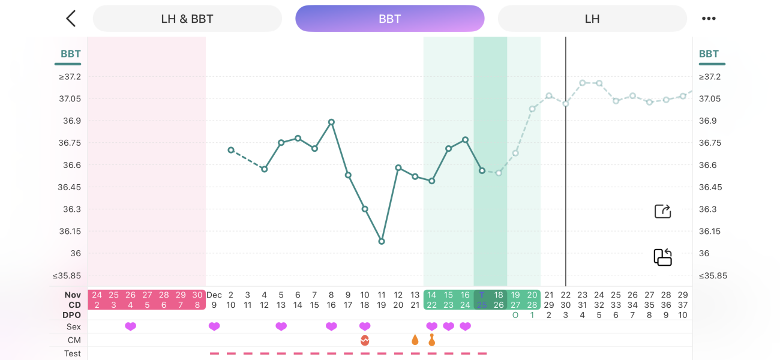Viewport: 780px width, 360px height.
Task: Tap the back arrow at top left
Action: (71, 19)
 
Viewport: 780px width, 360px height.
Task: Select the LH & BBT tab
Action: (187, 19)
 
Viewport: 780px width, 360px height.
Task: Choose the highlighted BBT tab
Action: (389, 19)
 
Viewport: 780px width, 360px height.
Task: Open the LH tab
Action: (592, 19)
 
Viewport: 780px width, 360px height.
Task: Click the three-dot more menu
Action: (709, 19)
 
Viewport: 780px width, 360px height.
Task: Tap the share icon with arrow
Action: (662, 211)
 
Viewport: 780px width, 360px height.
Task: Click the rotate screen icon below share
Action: (662, 257)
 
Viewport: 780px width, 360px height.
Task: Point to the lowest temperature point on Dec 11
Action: (382, 241)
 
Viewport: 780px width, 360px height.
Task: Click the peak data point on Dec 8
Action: (331, 122)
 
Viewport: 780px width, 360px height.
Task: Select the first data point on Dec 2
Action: (231, 150)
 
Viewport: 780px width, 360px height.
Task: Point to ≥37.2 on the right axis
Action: (709, 77)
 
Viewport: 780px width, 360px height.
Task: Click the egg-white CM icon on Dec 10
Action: (365, 340)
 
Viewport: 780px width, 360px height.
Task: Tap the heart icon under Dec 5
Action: (281, 326)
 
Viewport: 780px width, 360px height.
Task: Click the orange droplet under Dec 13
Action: (415, 340)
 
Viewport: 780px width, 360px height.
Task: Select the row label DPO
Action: (71, 315)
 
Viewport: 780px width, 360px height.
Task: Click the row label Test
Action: (73, 353)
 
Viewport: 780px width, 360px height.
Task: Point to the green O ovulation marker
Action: (515, 315)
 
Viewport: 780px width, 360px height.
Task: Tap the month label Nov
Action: (73, 295)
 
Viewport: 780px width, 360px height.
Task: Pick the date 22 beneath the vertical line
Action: (566, 295)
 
